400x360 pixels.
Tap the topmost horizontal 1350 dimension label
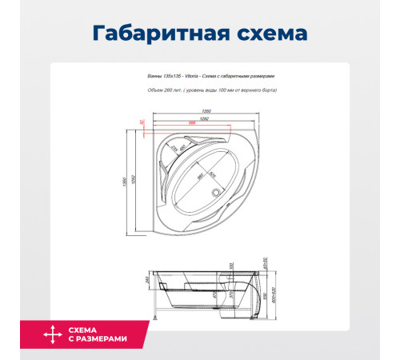[x=206, y=110]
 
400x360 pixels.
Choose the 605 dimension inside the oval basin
[x=214, y=172]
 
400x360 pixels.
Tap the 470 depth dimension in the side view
[x=215, y=293]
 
